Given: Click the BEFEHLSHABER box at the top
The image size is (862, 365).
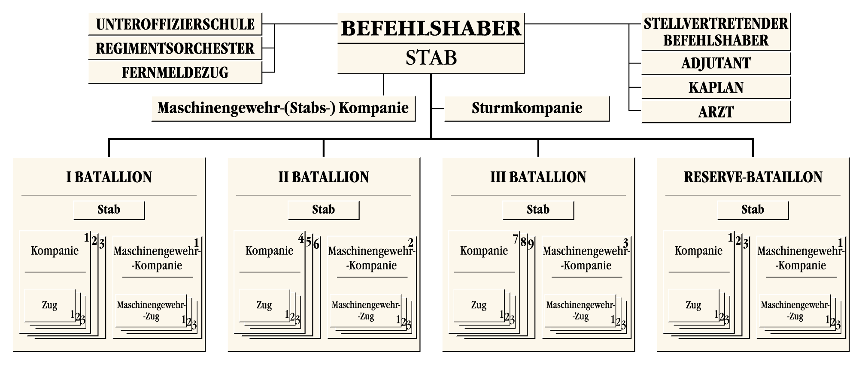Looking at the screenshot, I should [x=431, y=28].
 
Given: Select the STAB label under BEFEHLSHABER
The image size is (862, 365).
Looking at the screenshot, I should [x=431, y=58].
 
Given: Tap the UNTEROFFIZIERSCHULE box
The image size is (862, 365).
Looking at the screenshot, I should [x=175, y=24].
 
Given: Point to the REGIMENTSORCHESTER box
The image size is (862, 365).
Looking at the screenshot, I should [x=175, y=48].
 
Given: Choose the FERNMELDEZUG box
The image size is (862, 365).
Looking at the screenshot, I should [x=175, y=72].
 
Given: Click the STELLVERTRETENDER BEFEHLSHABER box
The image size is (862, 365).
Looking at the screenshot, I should [x=716, y=32].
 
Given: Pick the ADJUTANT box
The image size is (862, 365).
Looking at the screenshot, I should [x=716, y=63].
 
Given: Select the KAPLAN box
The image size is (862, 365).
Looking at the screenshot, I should [x=716, y=87].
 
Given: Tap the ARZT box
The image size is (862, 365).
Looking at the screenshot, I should [x=716, y=112].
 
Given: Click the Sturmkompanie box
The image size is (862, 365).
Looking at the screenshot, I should [x=527, y=108].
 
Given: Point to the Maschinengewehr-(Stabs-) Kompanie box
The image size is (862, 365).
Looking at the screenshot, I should [x=283, y=108].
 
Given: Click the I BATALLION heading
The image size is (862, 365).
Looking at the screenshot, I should [x=109, y=177].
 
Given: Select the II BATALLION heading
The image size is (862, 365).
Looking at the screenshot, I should [x=324, y=177].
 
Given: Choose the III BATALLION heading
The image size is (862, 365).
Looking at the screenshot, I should [x=538, y=177].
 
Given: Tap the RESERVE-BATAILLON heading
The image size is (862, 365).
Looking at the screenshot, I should [x=753, y=177].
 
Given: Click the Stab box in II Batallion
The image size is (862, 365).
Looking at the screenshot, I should [x=323, y=210].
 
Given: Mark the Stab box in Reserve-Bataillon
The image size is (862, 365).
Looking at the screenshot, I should [x=753, y=210].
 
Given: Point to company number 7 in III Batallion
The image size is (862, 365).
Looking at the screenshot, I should [x=516, y=238].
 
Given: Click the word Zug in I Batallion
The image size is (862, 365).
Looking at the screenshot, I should [x=50, y=305].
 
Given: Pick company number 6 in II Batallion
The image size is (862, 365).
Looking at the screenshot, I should [x=316, y=244].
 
